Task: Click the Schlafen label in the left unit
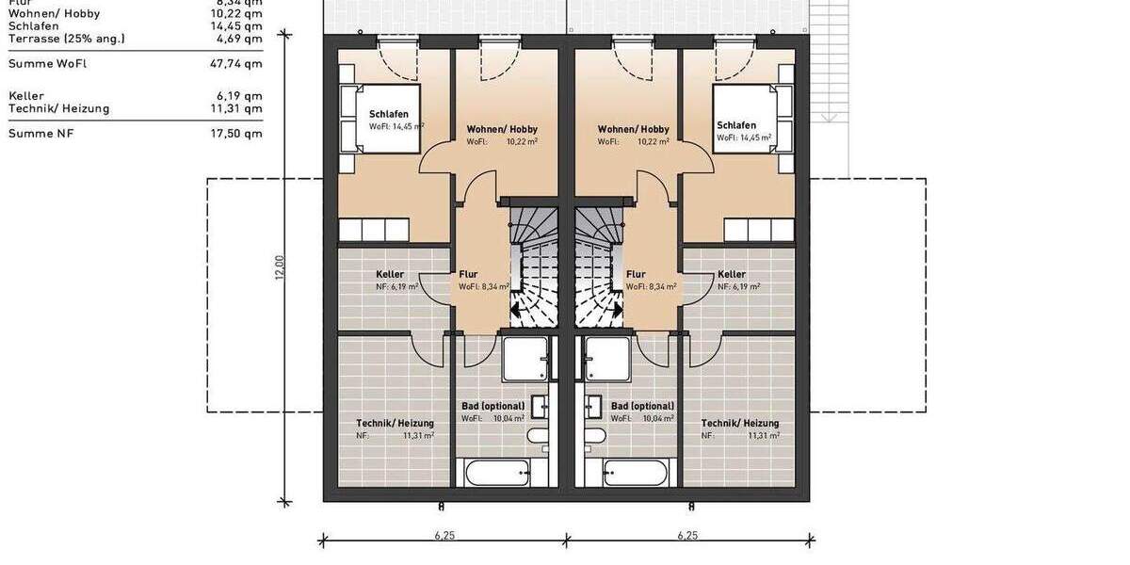pyautogui.click(x=389, y=114)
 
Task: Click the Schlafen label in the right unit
pyautogui.click(x=735, y=125)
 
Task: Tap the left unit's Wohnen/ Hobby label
pyautogui.click(x=502, y=129)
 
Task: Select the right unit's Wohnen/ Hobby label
pyautogui.click(x=633, y=129)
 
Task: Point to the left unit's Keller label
pyautogui.click(x=390, y=274)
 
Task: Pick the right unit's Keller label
pyautogui.click(x=732, y=274)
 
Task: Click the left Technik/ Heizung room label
pyautogui.click(x=395, y=423)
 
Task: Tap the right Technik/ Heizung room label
pyautogui.click(x=740, y=423)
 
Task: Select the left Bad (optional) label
pyautogui.click(x=492, y=406)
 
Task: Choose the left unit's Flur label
pyautogui.click(x=469, y=274)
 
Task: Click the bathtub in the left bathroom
pyautogui.click(x=494, y=472)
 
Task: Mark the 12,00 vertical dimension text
pyautogui.click(x=279, y=267)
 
